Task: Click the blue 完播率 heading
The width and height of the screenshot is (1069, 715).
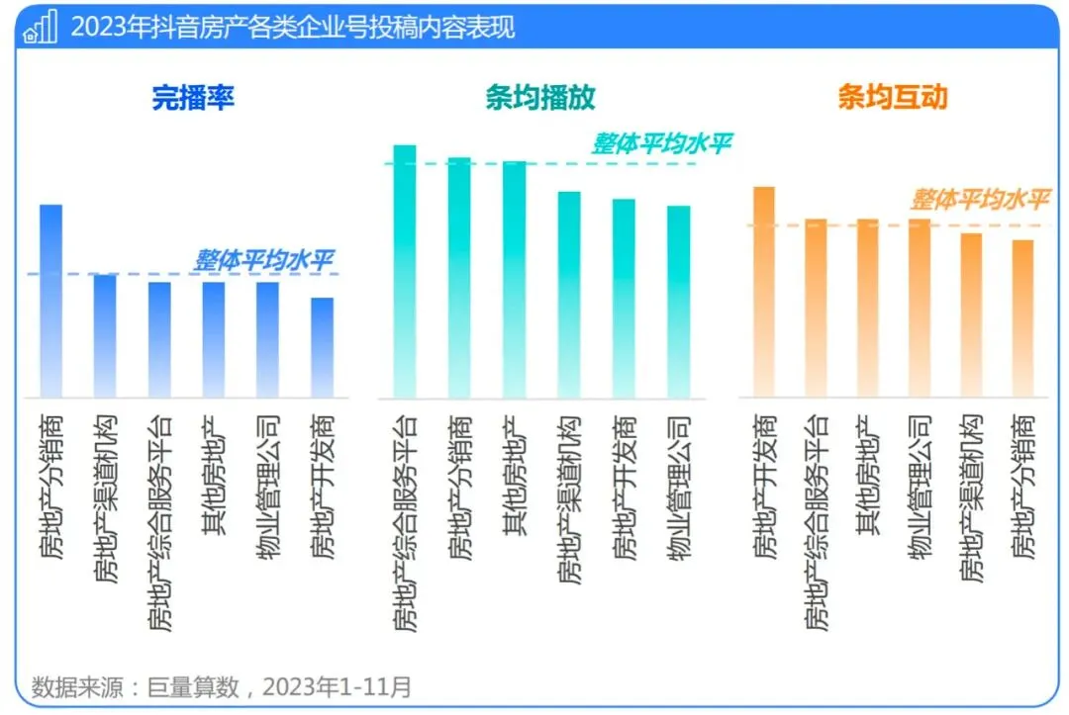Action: click(x=193, y=97)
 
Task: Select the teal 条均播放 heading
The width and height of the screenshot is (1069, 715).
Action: click(x=539, y=97)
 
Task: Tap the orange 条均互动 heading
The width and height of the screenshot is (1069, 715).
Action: click(x=892, y=97)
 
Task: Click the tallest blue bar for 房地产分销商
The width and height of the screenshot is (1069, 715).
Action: click(x=50, y=297)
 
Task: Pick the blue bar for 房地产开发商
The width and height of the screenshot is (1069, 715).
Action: click(x=323, y=346)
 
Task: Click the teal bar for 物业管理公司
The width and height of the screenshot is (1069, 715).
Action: click(x=678, y=302)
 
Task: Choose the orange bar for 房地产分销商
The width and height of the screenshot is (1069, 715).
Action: click(x=1022, y=316)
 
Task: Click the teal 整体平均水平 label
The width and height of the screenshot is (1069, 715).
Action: click(x=661, y=144)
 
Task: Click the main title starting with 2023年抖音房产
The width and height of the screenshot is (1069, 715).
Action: click(x=292, y=27)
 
